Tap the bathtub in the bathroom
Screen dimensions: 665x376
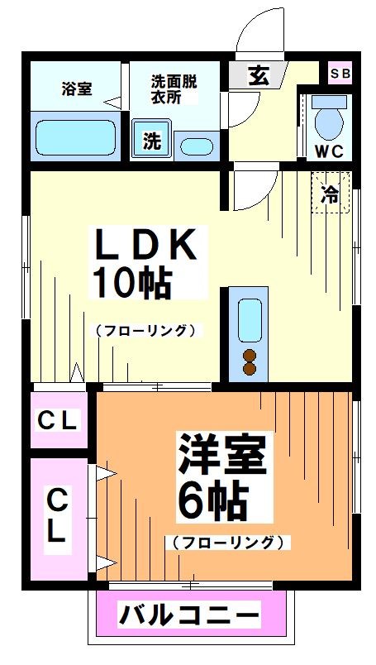click(74, 136)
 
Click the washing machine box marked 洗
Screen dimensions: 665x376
click(151, 141)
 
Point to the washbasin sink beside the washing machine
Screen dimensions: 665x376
click(195, 146)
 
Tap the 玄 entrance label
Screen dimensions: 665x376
click(258, 76)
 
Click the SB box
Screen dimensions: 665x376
click(340, 74)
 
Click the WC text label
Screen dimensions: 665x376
click(331, 151)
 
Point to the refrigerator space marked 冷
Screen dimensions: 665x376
click(331, 194)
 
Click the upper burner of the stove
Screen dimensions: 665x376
click(249, 356)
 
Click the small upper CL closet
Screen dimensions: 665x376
click(58, 420)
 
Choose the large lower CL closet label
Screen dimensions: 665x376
click(56, 515)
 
